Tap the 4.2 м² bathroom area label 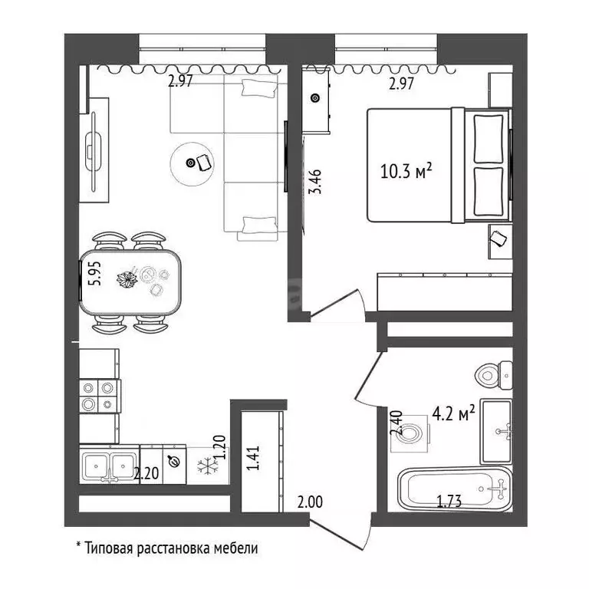pos(453,415)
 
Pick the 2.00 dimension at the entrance pos(310,503)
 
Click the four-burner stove pos(100,396)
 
